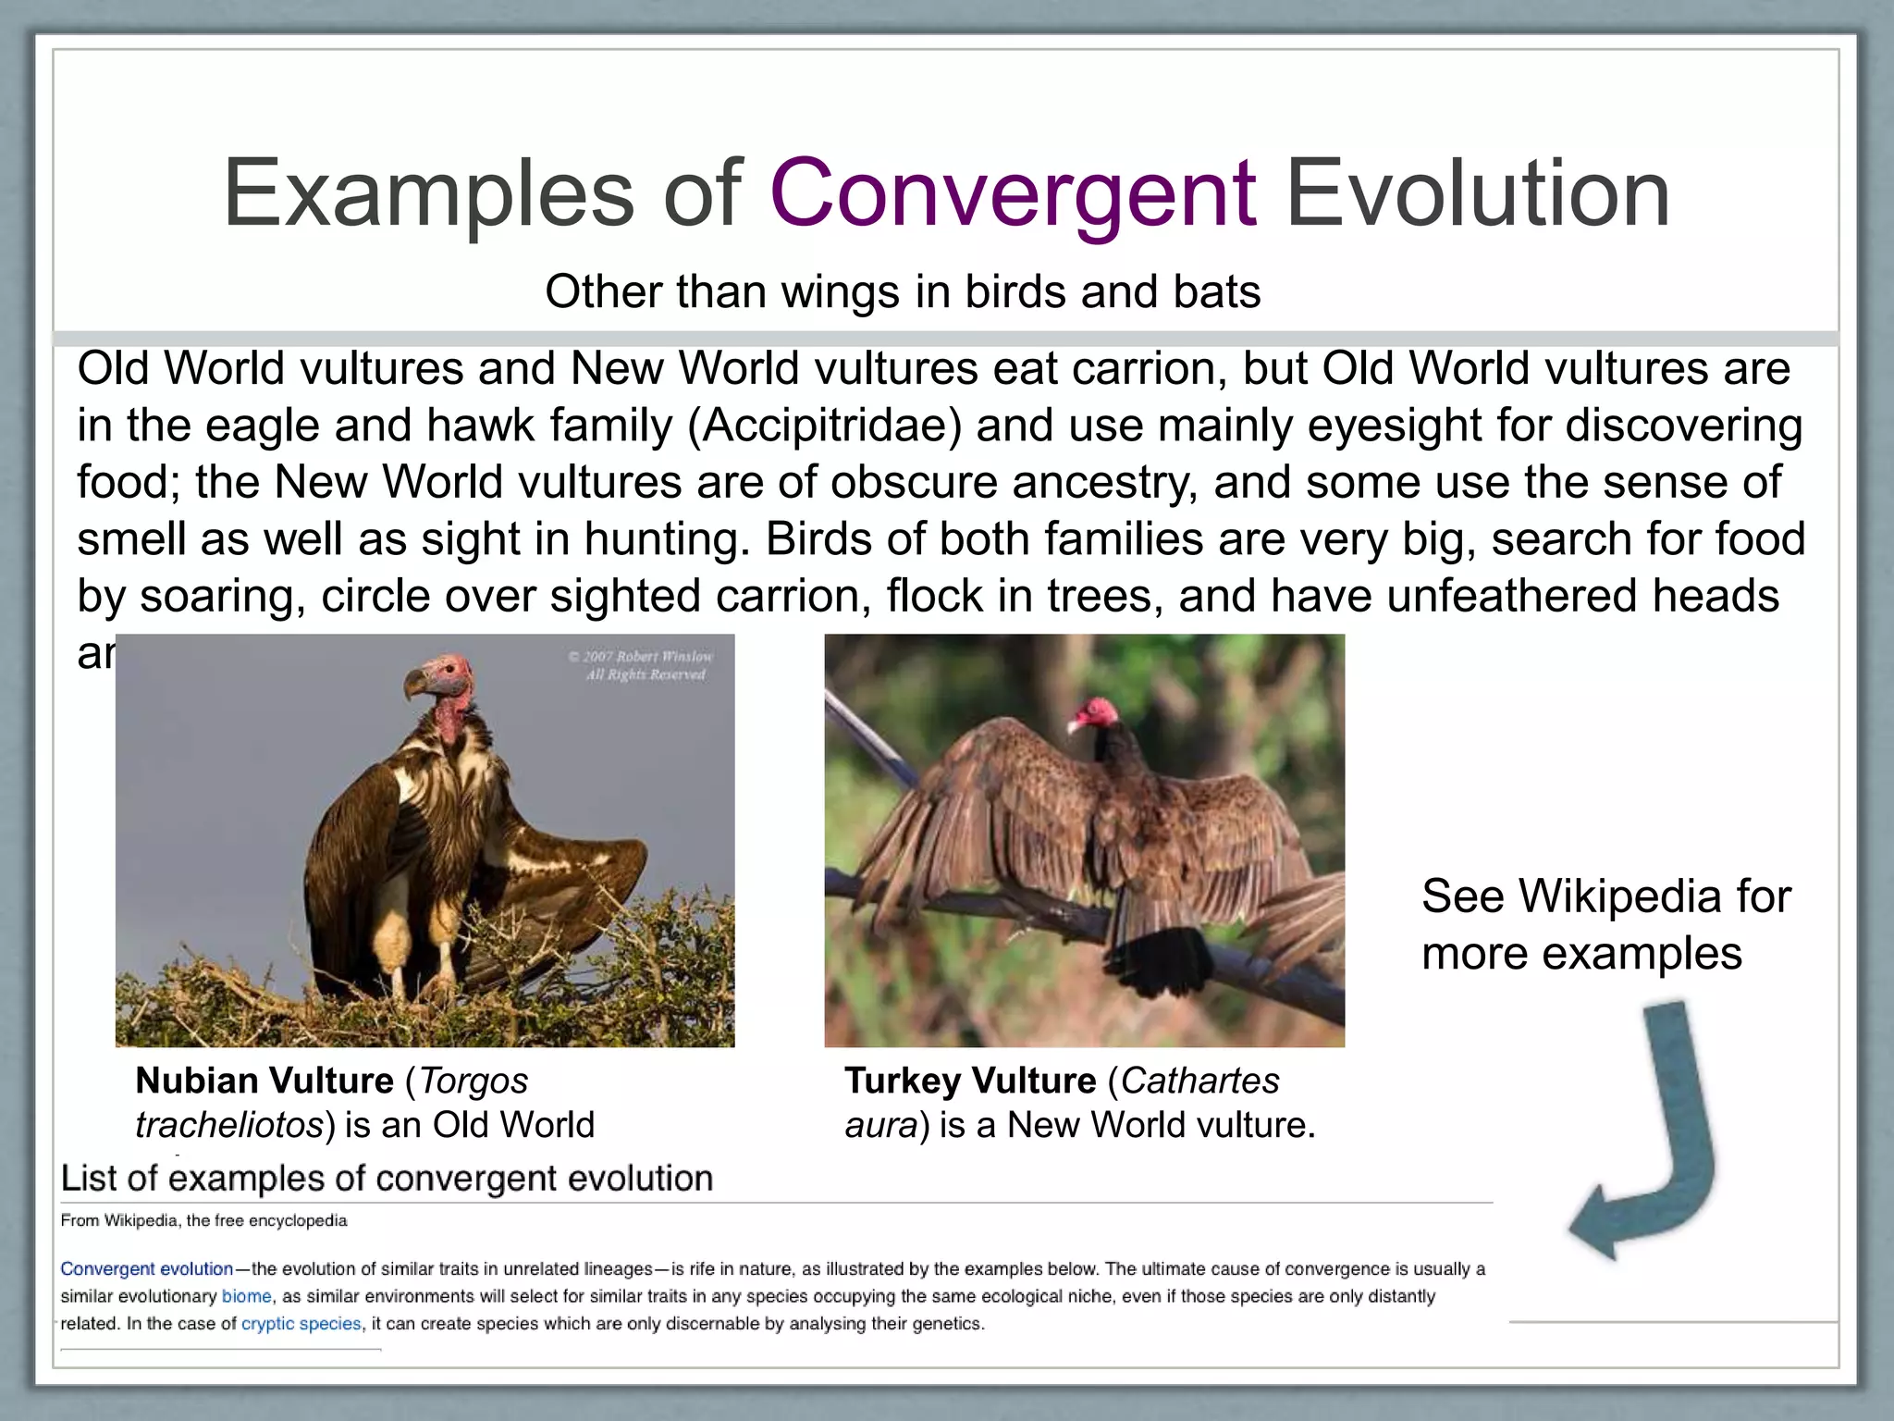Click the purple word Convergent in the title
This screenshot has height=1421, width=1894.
coord(1012,193)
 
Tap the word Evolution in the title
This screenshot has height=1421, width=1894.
coord(1477,193)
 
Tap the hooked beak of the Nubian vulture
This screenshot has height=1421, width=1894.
coord(414,686)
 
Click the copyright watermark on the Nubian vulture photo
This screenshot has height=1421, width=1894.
coord(642,665)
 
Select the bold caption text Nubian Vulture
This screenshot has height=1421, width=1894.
coord(264,1081)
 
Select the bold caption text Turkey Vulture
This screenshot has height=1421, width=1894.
coord(970,1081)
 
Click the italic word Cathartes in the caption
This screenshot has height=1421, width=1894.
coord(1199,1081)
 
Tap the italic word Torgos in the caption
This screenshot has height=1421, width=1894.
coord(473,1081)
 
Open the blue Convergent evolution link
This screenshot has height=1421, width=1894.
coord(146,1269)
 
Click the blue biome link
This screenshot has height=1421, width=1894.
coord(246,1297)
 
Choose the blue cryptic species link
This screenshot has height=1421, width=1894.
coord(301,1324)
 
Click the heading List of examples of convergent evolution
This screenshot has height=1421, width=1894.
coord(387,1179)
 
